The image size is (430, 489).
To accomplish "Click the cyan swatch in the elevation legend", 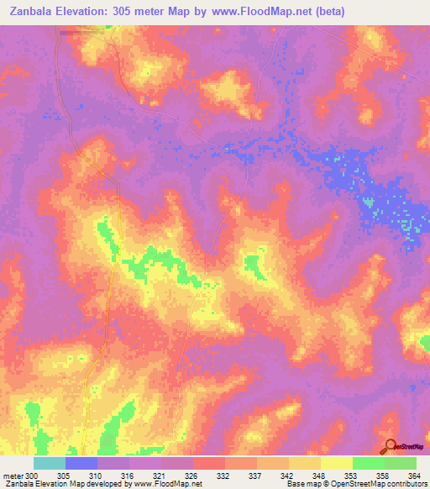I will click(50, 463).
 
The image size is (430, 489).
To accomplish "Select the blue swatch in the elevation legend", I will click(81, 463).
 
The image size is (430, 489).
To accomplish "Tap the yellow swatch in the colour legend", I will click(337, 463).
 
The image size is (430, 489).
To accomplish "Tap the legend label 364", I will click(416, 476).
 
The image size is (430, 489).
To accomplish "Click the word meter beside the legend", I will click(13, 476).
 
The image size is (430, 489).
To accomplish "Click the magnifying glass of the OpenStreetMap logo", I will click(389, 446).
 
